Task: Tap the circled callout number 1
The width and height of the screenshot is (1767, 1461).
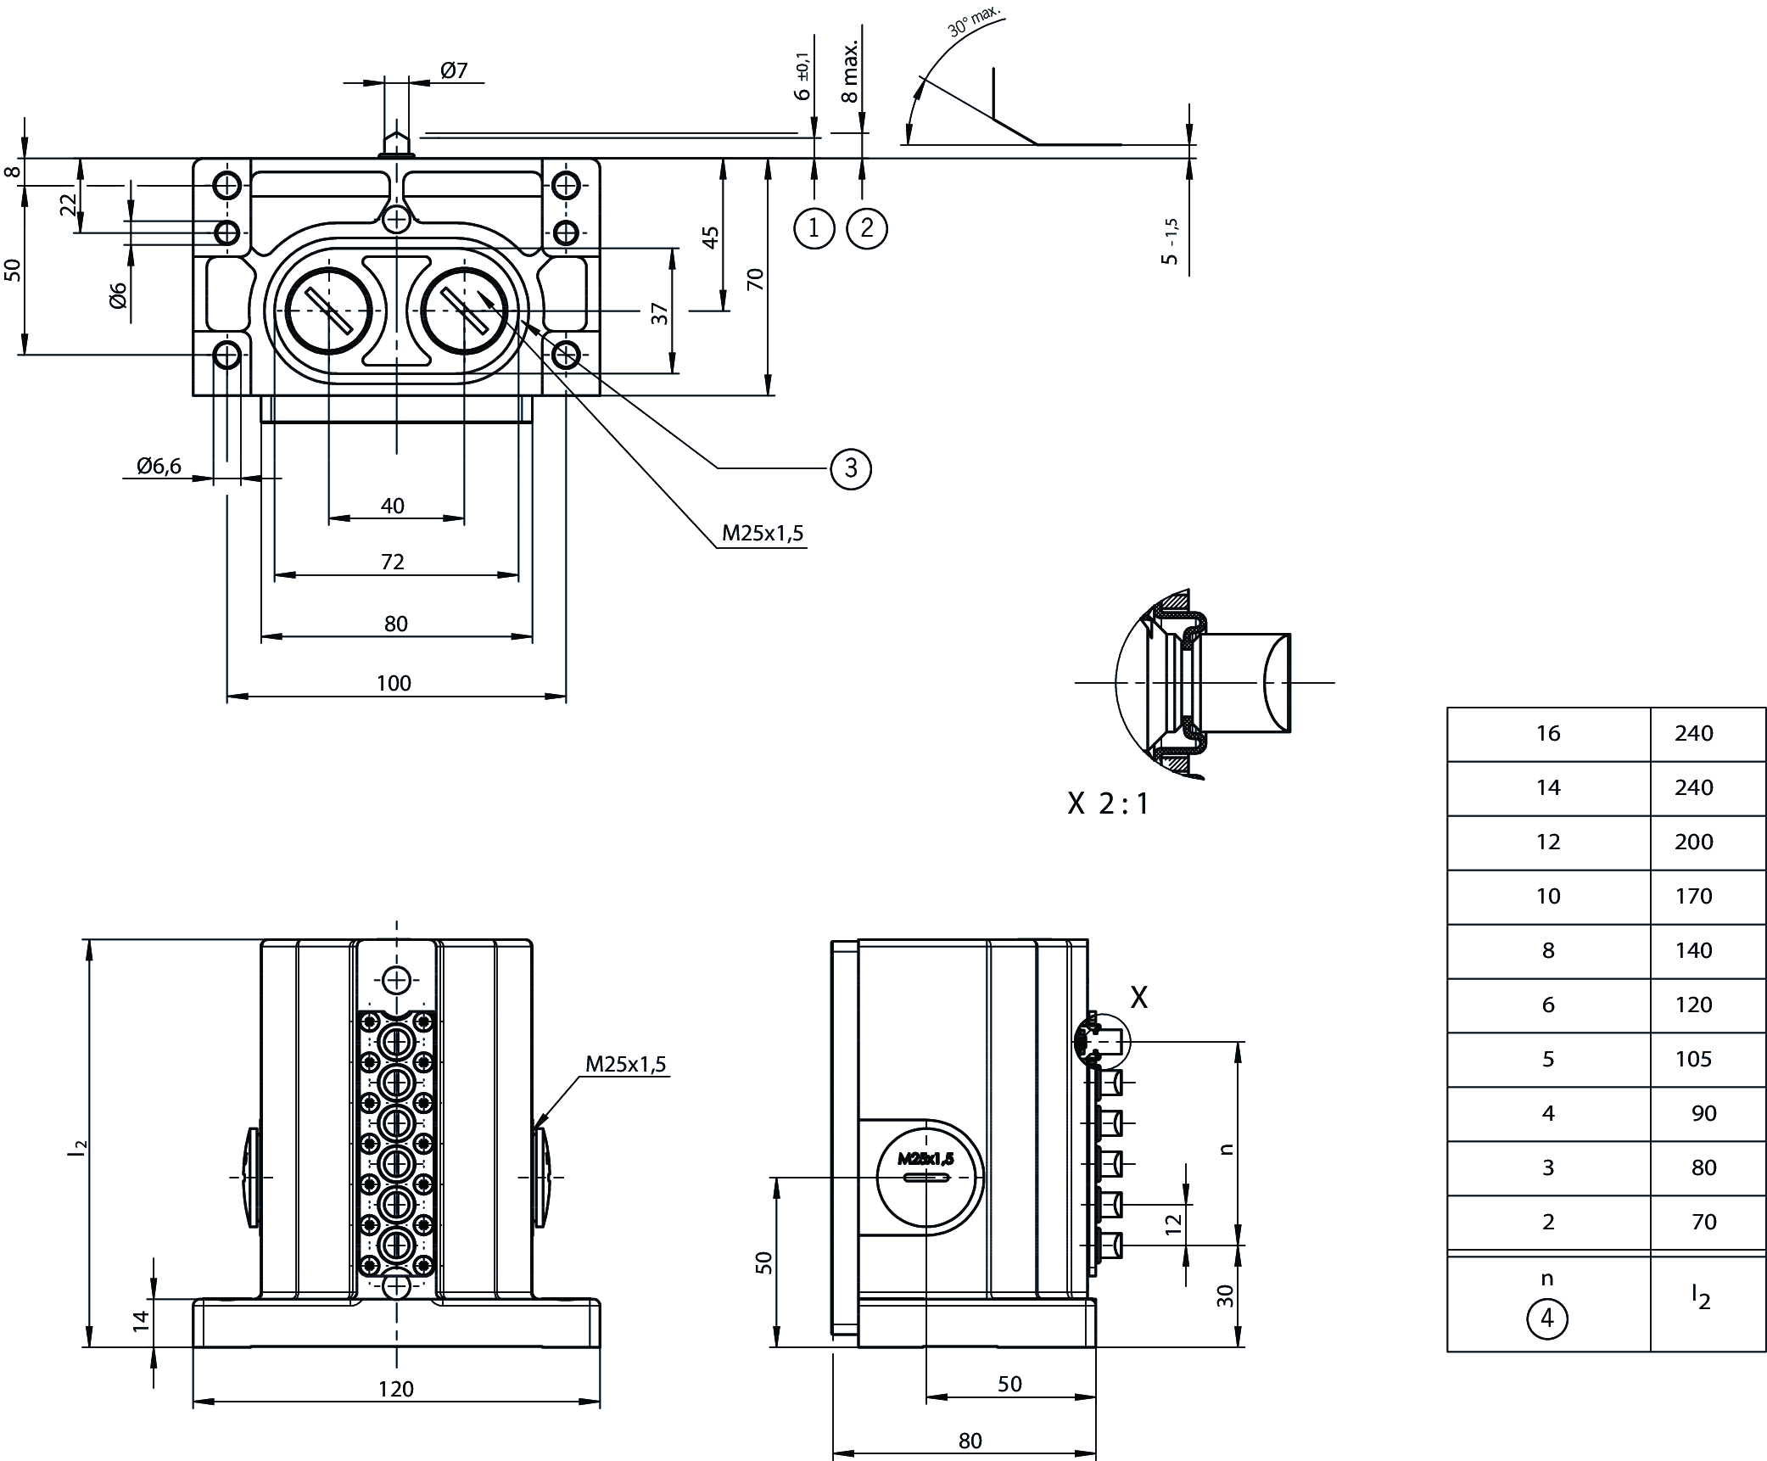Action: click(814, 227)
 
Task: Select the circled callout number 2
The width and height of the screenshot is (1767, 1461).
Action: click(866, 227)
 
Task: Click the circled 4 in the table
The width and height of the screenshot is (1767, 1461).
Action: click(1546, 1318)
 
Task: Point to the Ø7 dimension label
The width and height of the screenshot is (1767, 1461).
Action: click(455, 70)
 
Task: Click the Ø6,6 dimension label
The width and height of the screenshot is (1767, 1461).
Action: click(159, 465)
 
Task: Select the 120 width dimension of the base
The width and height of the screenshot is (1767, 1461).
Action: click(396, 1388)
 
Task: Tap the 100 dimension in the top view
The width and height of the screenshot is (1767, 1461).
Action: click(394, 683)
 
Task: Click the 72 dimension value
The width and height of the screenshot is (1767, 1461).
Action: click(393, 562)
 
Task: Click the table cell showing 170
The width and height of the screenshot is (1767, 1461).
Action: click(1693, 896)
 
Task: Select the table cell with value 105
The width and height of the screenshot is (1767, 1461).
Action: click(1693, 1059)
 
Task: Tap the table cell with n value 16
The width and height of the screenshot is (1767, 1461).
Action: click(1548, 733)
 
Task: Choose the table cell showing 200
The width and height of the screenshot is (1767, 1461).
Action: click(1693, 842)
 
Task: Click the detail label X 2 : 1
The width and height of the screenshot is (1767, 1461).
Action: click(1108, 803)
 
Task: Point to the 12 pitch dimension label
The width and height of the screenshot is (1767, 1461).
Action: click(1173, 1224)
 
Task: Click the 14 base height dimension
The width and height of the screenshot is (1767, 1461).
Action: click(141, 1320)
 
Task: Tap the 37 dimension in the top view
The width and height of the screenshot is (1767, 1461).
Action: click(661, 313)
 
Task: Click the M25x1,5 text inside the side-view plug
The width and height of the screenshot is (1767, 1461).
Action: click(925, 1158)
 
